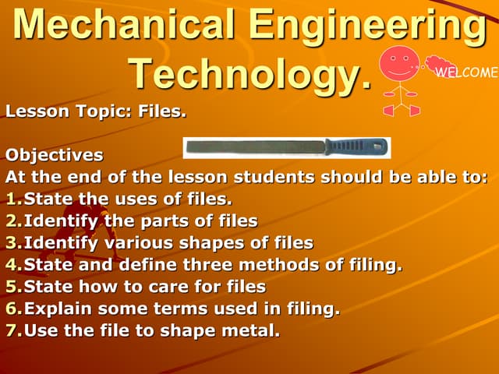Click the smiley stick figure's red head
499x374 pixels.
399,63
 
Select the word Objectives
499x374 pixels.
54,154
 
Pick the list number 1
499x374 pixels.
12,199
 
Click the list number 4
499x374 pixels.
12,265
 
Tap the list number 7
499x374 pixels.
12,330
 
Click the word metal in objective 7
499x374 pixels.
252,330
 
